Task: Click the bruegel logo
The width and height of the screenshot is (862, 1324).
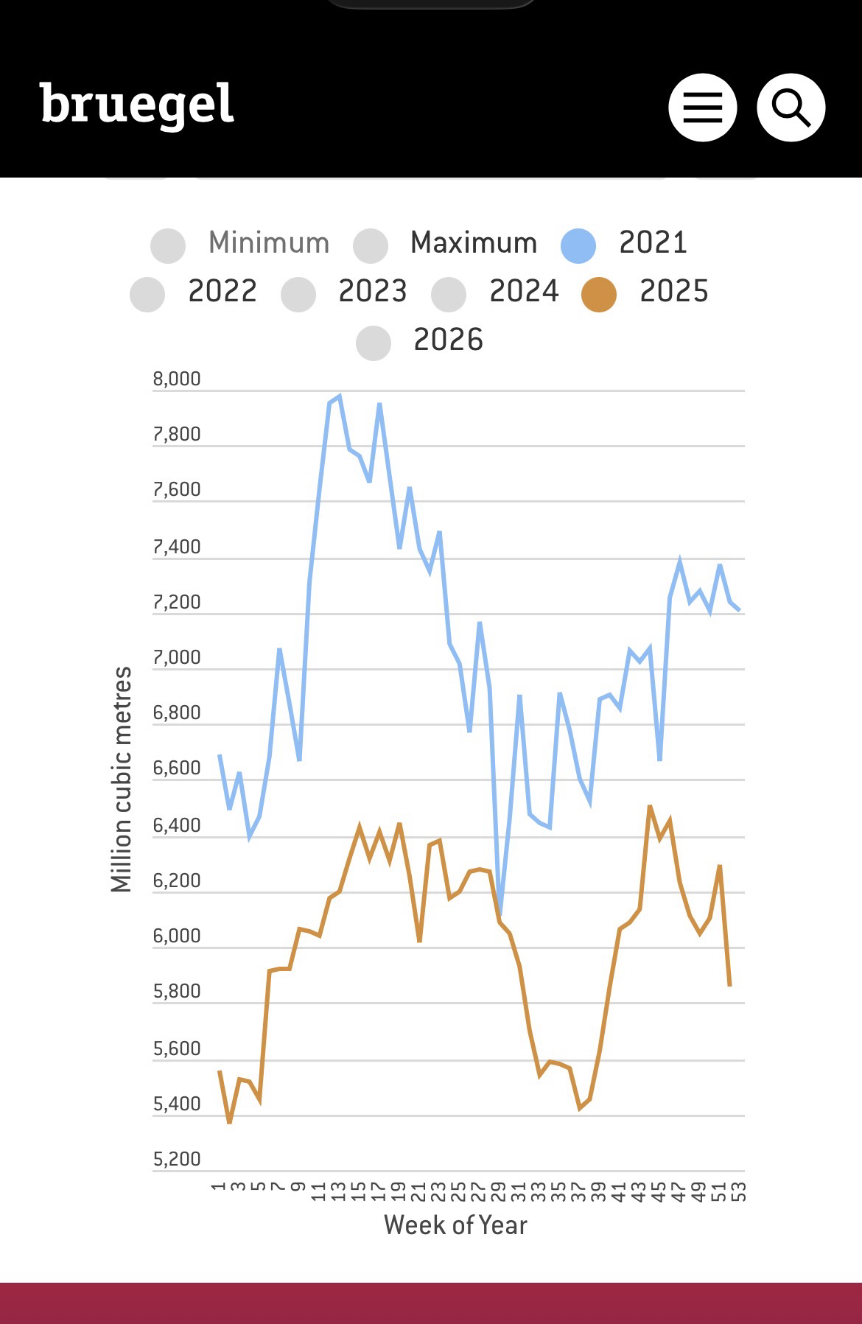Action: click(x=137, y=105)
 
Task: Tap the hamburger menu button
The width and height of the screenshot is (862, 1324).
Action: click(x=702, y=108)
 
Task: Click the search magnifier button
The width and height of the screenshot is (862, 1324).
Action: click(x=791, y=108)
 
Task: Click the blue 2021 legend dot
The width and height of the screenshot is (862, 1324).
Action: click(x=578, y=245)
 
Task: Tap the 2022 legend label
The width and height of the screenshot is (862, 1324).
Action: click(x=222, y=291)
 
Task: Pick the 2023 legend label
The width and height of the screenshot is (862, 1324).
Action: click(x=372, y=291)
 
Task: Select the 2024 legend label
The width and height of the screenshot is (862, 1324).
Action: click(x=524, y=291)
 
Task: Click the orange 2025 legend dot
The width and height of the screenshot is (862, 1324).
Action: click(x=599, y=294)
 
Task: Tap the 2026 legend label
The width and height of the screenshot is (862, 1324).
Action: click(x=448, y=340)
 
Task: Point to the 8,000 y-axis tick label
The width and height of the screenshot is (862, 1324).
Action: click(x=177, y=379)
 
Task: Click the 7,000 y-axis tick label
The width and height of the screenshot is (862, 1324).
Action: click(x=177, y=657)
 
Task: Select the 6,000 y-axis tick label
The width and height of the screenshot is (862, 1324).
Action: click(x=177, y=936)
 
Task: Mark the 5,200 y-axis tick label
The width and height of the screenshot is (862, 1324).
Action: click(x=177, y=1159)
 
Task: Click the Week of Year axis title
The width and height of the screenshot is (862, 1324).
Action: click(x=455, y=1225)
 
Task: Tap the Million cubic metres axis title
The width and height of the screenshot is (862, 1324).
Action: click(x=121, y=779)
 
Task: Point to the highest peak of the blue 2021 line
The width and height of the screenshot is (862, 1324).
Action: click(x=339, y=396)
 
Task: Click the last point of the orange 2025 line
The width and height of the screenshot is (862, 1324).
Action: click(x=729, y=985)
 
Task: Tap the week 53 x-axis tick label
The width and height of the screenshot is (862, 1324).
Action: click(x=740, y=1191)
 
